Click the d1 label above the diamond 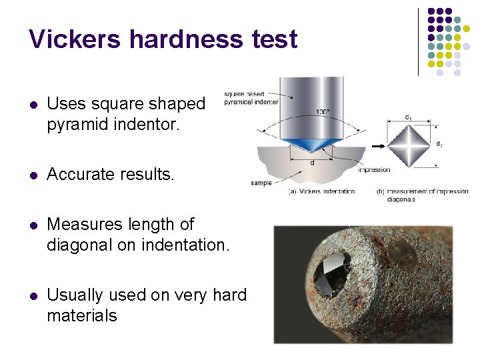point(407,117)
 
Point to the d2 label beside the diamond point(439,144)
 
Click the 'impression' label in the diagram point(374,169)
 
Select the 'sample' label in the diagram point(261,183)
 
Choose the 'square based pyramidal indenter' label point(250,98)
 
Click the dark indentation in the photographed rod point(329,269)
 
